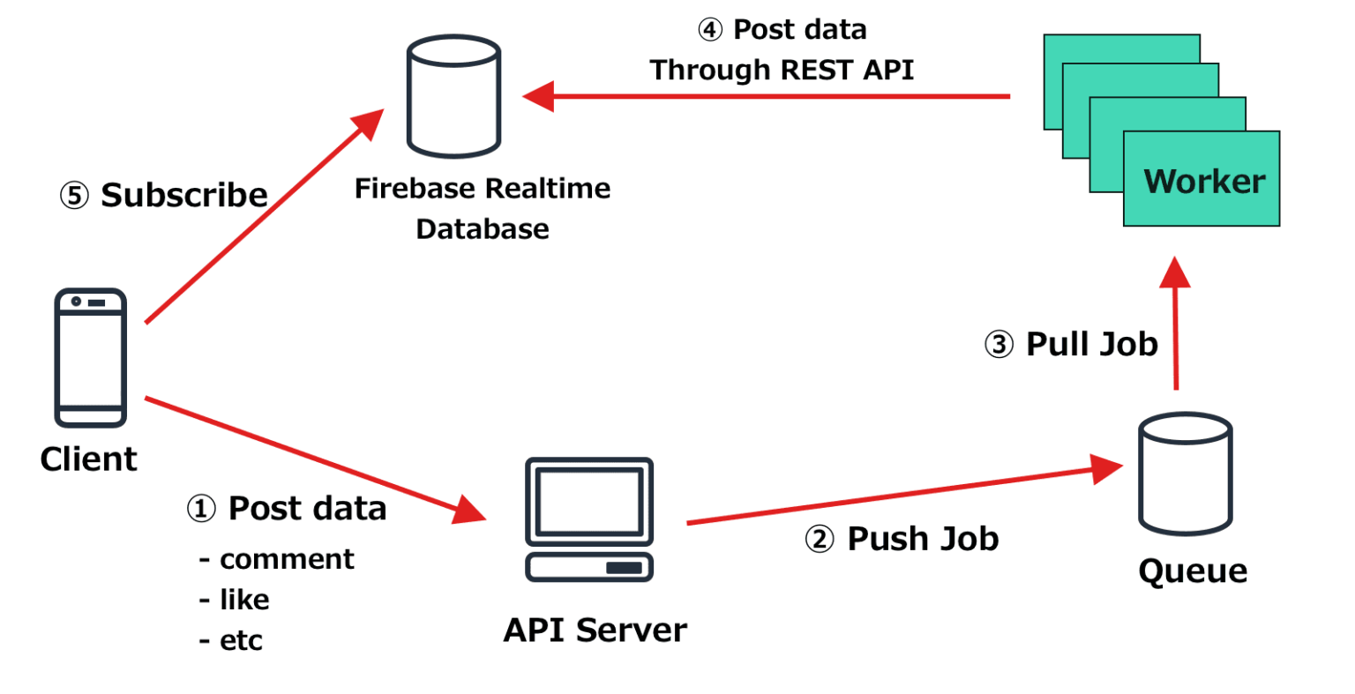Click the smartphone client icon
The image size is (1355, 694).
coord(91,357)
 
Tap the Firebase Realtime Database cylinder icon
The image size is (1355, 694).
coord(453,97)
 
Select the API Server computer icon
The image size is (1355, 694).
coord(589,519)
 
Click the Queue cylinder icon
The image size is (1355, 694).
coord(1185,474)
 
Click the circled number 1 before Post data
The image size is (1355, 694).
coord(201,509)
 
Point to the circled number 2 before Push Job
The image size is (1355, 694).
coord(820,539)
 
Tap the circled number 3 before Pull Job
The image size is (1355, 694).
coord(999,344)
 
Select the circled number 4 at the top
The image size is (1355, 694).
coord(710,30)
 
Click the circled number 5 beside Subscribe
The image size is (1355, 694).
coord(74,195)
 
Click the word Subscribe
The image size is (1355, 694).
coord(184,195)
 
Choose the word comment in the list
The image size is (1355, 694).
coord(287,559)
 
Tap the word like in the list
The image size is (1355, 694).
coord(244,600)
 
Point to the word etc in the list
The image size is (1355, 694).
coord(241,640)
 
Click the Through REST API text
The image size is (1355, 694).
coord(782,70)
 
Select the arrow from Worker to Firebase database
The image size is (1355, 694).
coord(767,96)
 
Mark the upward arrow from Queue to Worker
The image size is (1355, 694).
coord(1175,326)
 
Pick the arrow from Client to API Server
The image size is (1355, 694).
coord(309,458)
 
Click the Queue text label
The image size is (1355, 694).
coord(1193,571)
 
